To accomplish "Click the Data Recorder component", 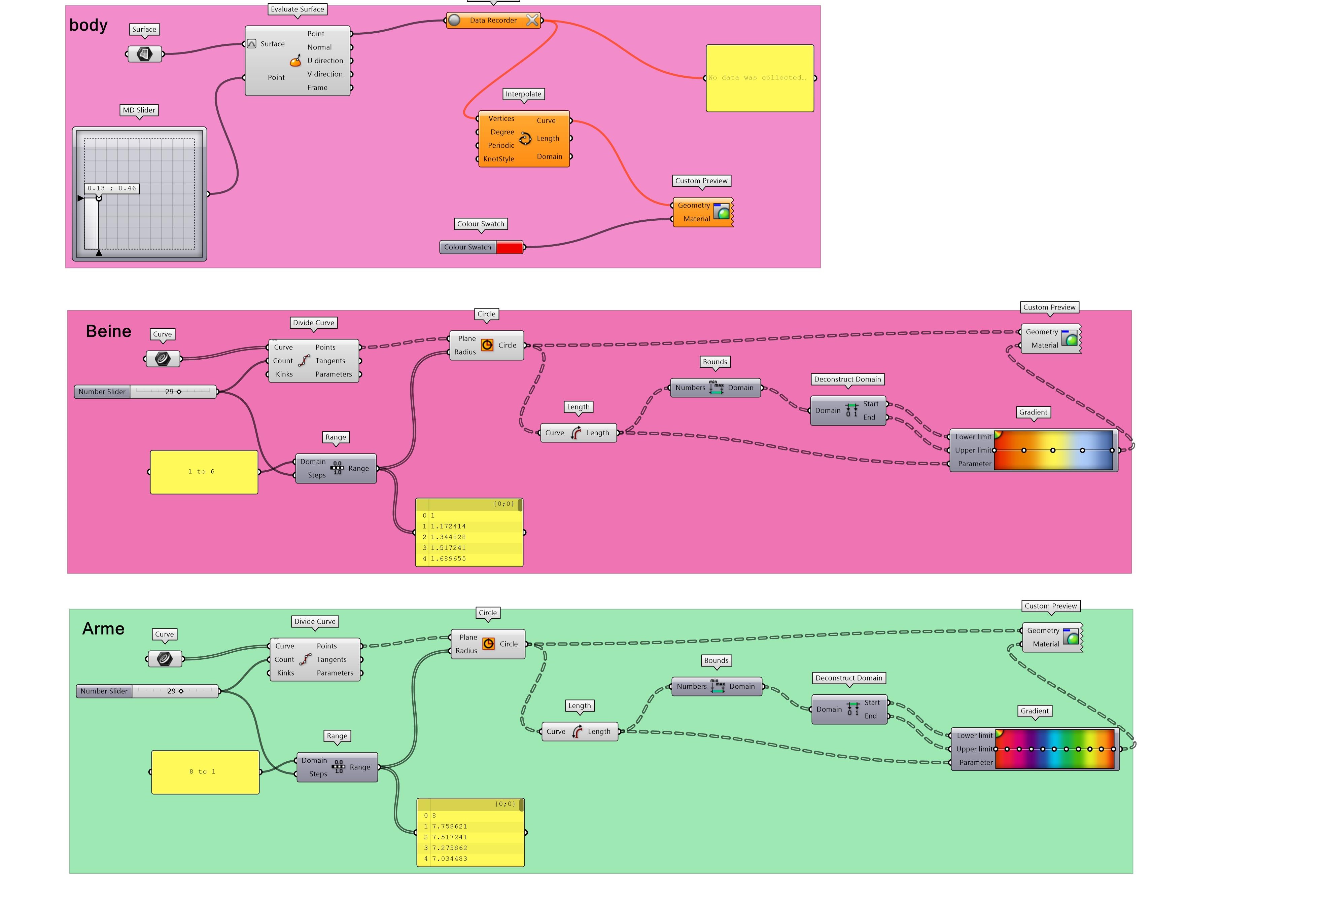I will coord(493,21).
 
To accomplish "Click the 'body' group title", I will coord(89,25).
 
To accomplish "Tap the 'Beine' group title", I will coord(108,331).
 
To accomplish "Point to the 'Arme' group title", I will coord(103,629).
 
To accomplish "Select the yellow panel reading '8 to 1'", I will coord(205,772).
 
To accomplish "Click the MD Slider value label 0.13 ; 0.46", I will coord(112,188).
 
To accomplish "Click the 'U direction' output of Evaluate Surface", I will coord(325,61).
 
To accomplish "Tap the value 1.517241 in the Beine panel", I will coord(449,548).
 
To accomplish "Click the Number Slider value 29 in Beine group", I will coord(170,392).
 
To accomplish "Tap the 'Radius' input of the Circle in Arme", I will coord(466,651).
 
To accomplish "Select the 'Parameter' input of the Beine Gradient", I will coord(975,464).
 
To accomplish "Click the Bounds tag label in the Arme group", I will coord(716,661).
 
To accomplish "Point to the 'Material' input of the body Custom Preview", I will coord(697,219).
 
